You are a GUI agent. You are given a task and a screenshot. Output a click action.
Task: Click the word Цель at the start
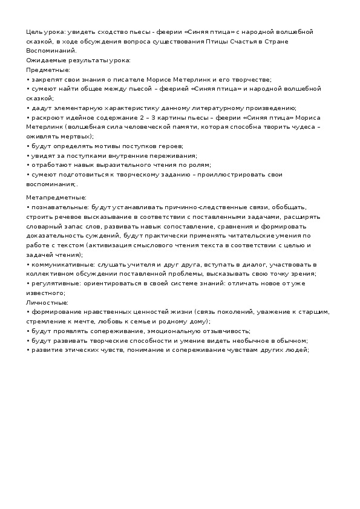click(33, 31)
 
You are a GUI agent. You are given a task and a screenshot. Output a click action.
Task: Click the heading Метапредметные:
click(56, 196)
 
